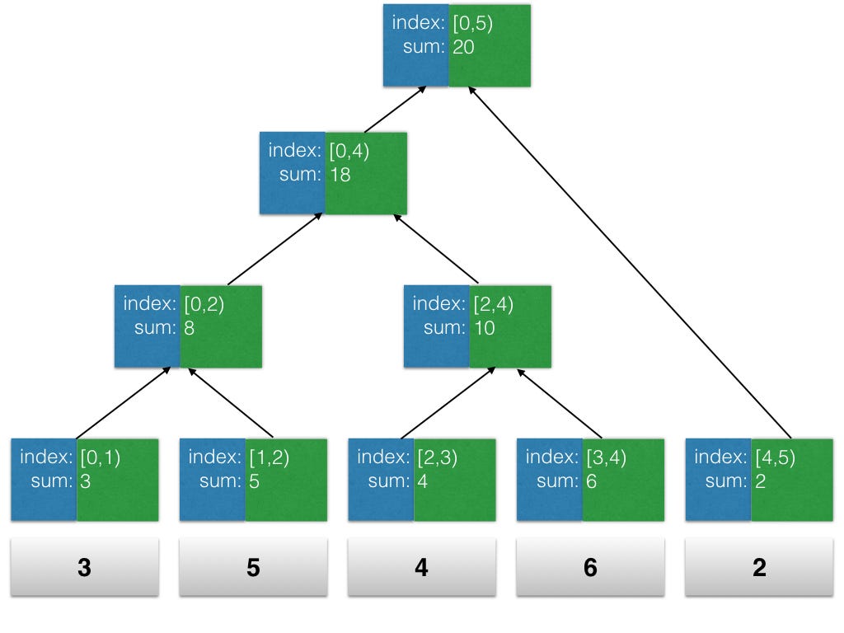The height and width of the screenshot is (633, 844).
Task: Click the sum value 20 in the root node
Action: point(463,47)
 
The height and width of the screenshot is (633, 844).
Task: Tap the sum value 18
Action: point(340,175)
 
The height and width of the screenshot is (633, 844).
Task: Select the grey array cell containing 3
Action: point(84,567)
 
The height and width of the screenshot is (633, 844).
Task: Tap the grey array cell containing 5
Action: point(253,567)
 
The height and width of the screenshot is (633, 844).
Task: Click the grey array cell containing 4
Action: point(421,567)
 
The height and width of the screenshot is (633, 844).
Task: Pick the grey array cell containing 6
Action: point(590,567)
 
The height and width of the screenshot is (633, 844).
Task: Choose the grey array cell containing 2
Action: point(758,567)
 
